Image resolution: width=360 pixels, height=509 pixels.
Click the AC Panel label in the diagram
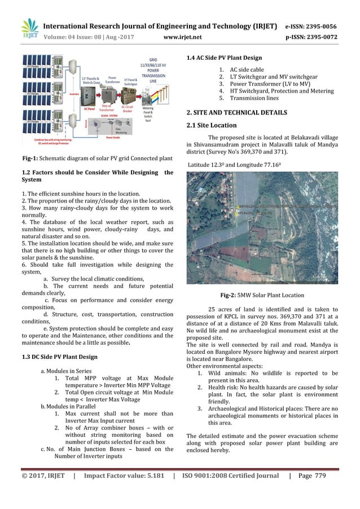pyautogui.click(x=73, y=108)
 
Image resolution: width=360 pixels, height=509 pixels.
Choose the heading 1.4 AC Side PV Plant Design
pyautogui.click(x=223, y=58)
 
